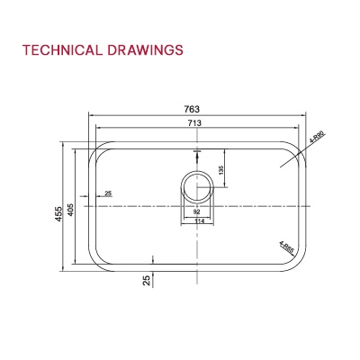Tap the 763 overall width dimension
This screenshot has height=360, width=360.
pyautogui.click(x=195, y=108)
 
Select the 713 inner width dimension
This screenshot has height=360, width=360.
pyautogui.click(x=194, y=123)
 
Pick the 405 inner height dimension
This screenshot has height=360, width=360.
pyautogui.click(x=71, y=206)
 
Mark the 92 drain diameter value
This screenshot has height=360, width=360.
pyautogui.click(x=195, y=212)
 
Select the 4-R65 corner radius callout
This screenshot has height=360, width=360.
pyautogui.click(x=286, y=244)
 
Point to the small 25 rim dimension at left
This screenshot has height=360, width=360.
pyautogui.click(x=109, y=193)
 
